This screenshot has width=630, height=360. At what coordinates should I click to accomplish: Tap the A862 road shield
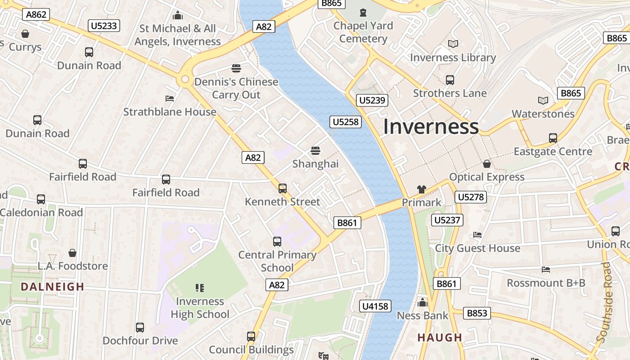[36, 14]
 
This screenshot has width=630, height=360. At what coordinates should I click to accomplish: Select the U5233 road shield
[104, 26]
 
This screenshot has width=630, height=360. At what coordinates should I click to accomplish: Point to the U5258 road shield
[346, 121]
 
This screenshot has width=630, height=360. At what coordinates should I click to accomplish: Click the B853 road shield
[477, 313]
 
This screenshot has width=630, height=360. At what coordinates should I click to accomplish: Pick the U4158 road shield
[375, 306]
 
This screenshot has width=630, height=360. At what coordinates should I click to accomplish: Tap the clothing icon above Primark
[421, 189]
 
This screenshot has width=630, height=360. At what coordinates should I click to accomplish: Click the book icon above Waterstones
[543, 100]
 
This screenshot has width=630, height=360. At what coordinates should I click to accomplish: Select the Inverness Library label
[453, 58]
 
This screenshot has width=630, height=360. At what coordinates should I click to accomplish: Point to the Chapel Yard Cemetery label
[363, 32]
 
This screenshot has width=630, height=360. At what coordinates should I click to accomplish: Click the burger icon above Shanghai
[315, 150]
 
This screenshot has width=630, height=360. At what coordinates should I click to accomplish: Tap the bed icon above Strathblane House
[170, 98]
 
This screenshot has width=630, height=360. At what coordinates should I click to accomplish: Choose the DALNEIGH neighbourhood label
[53, 287]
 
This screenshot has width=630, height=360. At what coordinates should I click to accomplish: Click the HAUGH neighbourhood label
[440, 337]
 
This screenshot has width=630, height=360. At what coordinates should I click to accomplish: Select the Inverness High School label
[200, 308]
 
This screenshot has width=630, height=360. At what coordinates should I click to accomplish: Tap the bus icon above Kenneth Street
[282, 189]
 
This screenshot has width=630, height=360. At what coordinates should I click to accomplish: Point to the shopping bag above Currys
[25, 34]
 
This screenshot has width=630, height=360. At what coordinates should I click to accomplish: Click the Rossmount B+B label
[546, 283]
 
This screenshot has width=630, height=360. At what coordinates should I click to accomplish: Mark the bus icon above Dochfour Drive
[140, 327]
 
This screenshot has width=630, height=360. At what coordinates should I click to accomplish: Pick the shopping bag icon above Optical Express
[486, 164]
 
